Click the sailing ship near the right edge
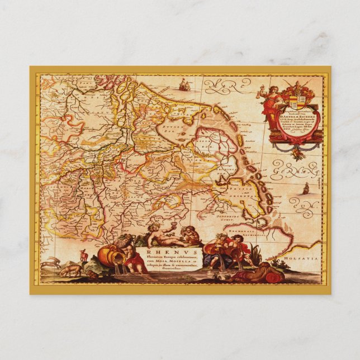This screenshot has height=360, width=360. coord(306,188)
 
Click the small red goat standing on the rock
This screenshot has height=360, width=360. coord(84,255)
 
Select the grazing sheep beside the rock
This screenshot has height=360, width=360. coord(70,271)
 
